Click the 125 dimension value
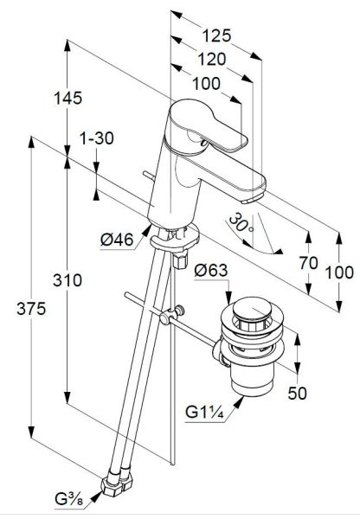point(216,35)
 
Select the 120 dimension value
point(212,59)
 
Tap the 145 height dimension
point(67,98)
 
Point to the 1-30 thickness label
point(97,138)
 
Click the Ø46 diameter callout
point(117,240)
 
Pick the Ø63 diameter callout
point(211,271)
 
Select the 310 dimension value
point(67,280)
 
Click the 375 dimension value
point(31,309)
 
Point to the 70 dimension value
point(308,263)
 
